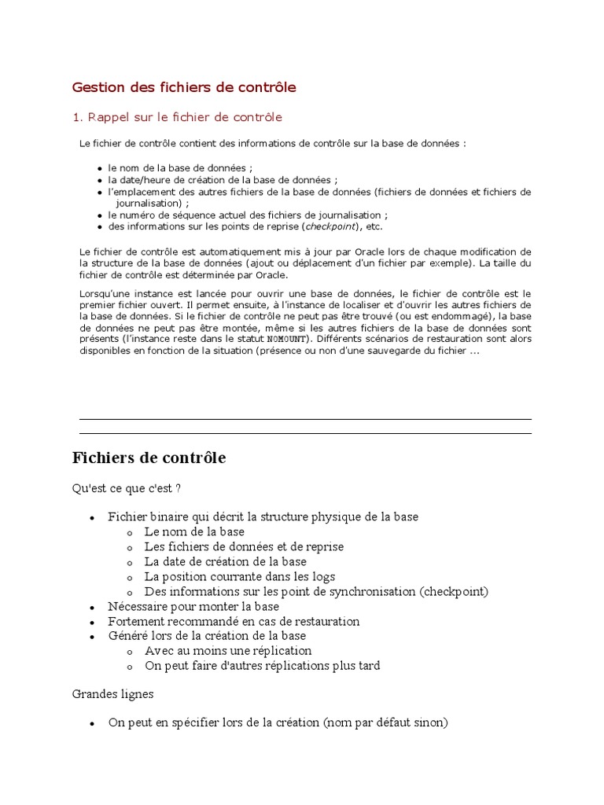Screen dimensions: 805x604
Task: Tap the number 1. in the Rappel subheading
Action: (x=77, y=117)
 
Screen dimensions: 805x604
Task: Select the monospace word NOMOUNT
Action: (x=285, y=340)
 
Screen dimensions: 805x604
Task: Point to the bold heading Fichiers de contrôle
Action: (x=149, y=458)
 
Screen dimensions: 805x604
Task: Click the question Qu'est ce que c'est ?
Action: (x=127, y=488)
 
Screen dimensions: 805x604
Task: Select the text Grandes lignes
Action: (x=113, y=695)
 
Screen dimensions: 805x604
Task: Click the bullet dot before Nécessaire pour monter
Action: (x=92, y=608)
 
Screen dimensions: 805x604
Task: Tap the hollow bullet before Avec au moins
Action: (x=128, y=652)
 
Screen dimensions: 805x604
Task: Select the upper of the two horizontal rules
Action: (x=305, y=419)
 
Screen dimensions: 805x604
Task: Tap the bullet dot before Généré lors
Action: (x=92, y=637)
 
